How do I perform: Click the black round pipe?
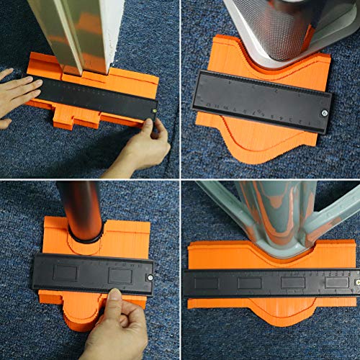coord(81,209)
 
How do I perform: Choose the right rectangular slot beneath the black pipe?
coord(120,275)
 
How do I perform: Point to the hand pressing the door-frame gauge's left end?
coord(16,94)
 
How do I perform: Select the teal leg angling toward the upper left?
coord(220,202)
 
